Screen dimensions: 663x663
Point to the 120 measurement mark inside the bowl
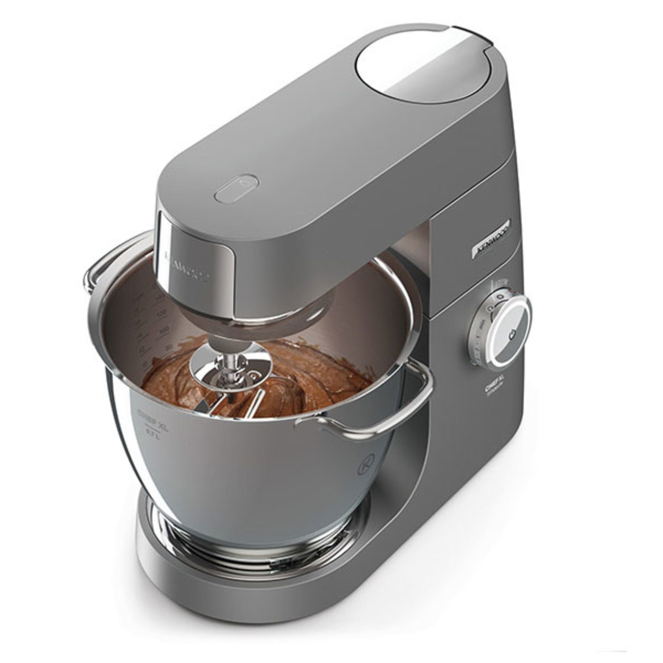[x=162, y=315]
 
